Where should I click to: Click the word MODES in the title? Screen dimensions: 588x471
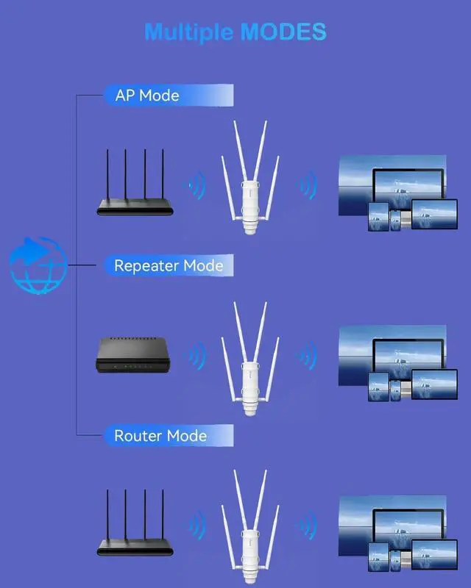(x=283, y=32)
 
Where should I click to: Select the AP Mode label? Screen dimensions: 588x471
(x=148, y=96)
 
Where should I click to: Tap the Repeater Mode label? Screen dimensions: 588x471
(x=169, y=265)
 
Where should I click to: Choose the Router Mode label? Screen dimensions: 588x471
(x=160, y=436)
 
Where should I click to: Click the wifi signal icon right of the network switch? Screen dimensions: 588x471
(x=195, y=357)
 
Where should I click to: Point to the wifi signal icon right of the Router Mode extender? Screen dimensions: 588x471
(x=306, y=526)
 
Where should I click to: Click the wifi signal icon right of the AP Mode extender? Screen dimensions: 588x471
(x=306, y=185)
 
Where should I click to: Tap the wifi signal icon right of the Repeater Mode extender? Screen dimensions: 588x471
(x=306, y=357)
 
